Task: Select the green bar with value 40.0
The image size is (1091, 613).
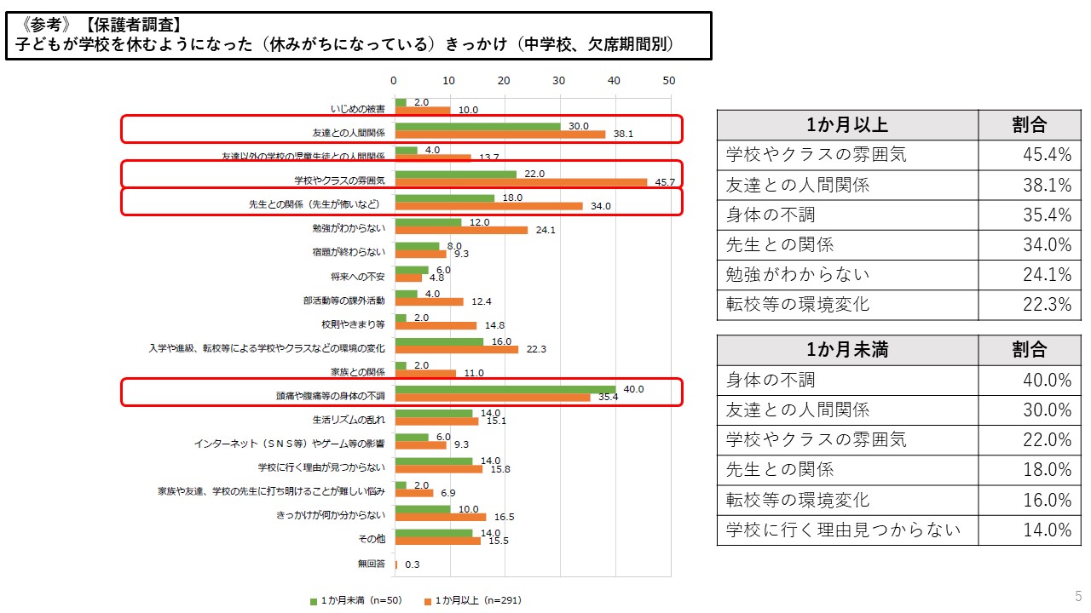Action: [505, 389]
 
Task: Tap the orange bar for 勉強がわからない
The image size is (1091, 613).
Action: [461, 230]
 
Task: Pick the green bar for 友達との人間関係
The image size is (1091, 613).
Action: [477, 126]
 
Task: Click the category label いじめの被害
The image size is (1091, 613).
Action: [358, 109]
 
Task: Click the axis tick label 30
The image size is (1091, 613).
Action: [559, 81]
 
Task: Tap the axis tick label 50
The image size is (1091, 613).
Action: [669, 81]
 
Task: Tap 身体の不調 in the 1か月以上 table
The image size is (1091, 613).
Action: [771, 215]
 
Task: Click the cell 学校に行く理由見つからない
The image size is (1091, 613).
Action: [843, 530]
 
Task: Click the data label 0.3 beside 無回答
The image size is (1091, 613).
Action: [412, 564]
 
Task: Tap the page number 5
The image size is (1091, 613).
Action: [1078, 596]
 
